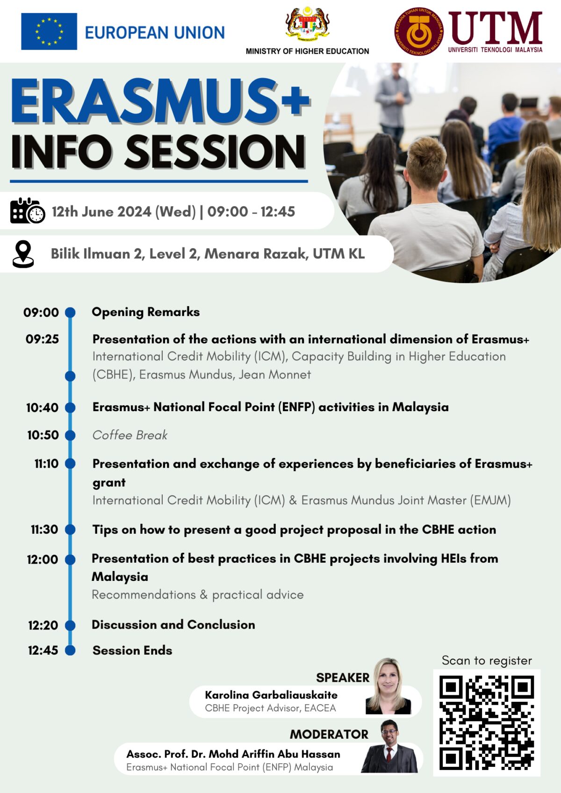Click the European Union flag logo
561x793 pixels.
click(49, 31)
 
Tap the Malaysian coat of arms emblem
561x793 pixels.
click(307, 23)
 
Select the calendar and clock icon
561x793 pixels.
click(28, 211)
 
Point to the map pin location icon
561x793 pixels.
click(23, 254)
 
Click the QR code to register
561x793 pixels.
click(487, 722)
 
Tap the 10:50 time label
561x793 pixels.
click(43, 435)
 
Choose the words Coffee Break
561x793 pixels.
click(130, 435)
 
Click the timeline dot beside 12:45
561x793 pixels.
click(70, 650)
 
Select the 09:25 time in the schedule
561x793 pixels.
click(43, 339)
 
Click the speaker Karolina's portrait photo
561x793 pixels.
click(388, 686)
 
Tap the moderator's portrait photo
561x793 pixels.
click(389, 747)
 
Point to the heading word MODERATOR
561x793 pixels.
click(329, 734)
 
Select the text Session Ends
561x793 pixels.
click(132, 650)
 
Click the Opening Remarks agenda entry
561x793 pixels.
click(146, 312)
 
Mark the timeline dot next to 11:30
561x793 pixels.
click(70, 529)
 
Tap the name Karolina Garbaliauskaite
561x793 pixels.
click(271, 695)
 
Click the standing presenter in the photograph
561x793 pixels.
click(394, 103)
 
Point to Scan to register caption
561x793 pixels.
click(487, 660)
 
